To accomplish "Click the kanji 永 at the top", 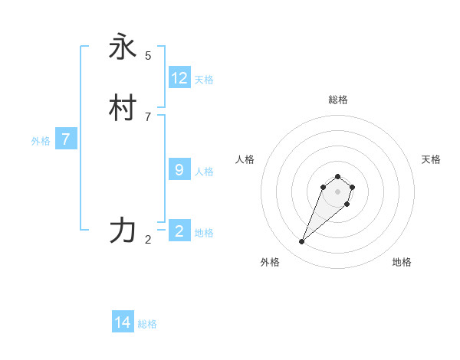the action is [x=123, y=47].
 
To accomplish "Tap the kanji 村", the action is [x=123, y=109].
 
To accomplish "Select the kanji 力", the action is [x=123, y=231].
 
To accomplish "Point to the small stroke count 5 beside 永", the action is [x=148, y=55].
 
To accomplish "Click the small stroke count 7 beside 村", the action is [x=148, y=116].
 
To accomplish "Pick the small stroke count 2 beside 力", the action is [x=148, y=239].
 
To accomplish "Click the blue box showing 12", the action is [x=179, y=78].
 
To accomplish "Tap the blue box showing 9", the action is [x=179, y=170].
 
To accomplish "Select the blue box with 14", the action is [x=123, y=323].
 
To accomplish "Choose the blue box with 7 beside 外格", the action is [x=66, y=139].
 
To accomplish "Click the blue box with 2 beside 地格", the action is [x=179, y=231].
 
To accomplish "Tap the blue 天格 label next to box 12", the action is [x=204, y=80].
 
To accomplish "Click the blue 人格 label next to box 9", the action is [x=204, y=172].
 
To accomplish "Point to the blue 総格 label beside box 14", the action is [x=147, y=325].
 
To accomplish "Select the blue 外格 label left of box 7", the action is [x=41, y=141].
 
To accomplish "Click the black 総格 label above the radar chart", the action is [x=338, y=100].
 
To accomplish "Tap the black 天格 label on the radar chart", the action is [x=432, y=159].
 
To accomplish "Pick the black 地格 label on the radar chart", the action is [x=402, y=263].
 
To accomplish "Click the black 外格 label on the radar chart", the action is [x=270, y=263].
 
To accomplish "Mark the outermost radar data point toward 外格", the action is [x=302, y=242].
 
